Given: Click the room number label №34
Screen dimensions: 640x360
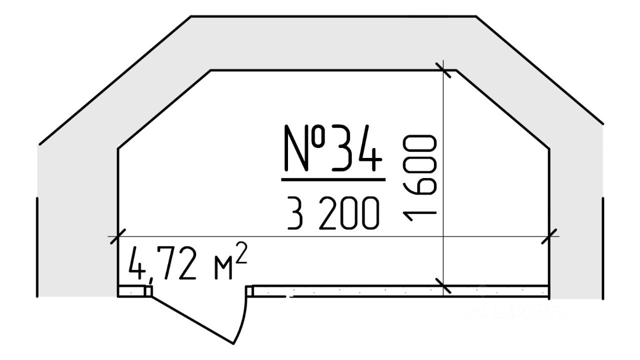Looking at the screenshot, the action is coord(333,148).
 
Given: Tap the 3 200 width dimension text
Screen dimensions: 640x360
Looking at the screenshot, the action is coord(333,213).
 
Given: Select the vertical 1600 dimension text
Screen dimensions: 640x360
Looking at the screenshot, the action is coord(419,178).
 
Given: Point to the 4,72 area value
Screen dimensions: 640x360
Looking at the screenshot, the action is coord(162,264).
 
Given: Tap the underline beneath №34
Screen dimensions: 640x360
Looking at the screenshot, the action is coord(333,179).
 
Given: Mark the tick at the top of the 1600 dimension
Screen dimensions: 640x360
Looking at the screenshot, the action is coord(443,70).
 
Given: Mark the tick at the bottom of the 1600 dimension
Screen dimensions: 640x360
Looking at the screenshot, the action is coord(443,285).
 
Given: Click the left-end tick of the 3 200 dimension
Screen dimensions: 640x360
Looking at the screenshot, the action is coord(118,236).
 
